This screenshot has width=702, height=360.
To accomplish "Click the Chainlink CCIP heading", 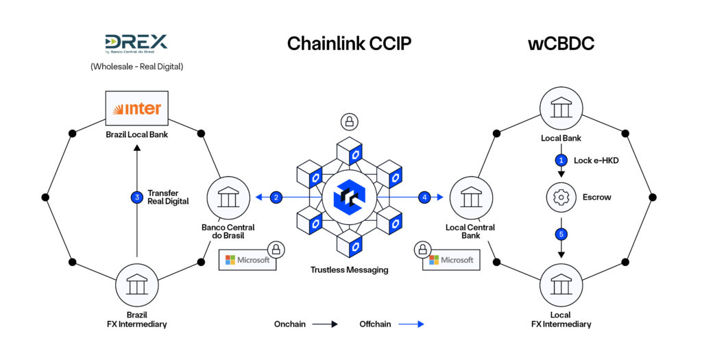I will (x=349, y=44).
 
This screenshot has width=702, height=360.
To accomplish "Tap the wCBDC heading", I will (x=561, y=44).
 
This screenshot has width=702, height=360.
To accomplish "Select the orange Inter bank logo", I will (x=137, y=108).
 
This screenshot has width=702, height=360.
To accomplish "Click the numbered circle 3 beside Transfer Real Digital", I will (x=136, y=197).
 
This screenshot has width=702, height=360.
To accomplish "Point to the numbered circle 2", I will (x=276, y=197).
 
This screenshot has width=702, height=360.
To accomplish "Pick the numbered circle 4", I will (x=425, y=197).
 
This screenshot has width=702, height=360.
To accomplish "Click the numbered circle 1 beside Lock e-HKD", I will (x=561, y=160).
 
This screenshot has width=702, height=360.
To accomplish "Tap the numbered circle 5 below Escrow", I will (x=561, y=235).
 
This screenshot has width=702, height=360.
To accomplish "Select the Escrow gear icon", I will (x=561, y=197).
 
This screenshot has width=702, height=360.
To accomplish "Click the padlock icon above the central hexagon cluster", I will (x=350, y=123).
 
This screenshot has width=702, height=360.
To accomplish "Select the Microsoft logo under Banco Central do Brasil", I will (x=247, y=261).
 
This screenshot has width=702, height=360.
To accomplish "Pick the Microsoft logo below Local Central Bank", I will (x=451, y=261).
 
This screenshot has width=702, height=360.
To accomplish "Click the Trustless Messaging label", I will (x=350, y=270).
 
